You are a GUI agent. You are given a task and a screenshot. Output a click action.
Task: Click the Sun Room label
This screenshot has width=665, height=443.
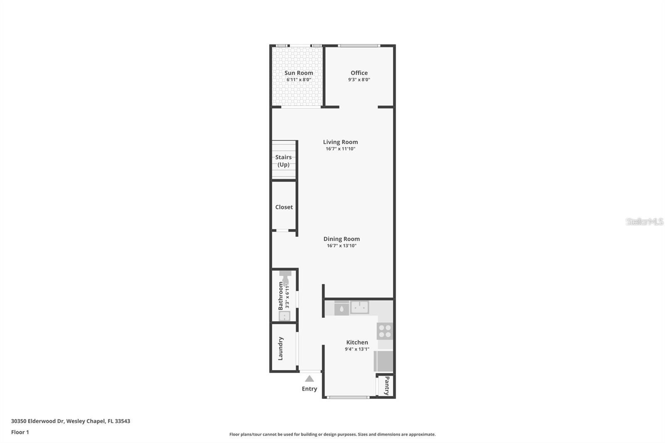click(298, 73)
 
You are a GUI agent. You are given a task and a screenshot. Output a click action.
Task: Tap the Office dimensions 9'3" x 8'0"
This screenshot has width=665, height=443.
click(359, 79)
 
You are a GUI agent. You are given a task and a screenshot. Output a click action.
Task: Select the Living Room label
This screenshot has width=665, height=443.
click(340, 142)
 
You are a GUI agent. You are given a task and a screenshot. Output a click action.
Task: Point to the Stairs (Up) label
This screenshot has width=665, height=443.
click(283, 161)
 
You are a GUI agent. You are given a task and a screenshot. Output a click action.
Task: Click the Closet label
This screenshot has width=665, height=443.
click(284, 207)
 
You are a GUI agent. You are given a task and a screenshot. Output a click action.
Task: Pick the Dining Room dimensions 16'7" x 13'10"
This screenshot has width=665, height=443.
click(342, 246)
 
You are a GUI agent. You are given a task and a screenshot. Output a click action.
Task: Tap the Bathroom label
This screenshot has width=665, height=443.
click(281, 296)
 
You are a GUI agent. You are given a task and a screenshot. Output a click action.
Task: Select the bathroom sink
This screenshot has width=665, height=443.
click(284, 316)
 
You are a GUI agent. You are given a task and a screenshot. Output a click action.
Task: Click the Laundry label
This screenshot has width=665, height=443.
click(281, 348)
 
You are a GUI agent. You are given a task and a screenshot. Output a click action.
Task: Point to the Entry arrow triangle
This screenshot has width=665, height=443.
click(309, 379)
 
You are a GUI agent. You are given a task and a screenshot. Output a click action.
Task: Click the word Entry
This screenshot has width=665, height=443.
click(309, 389)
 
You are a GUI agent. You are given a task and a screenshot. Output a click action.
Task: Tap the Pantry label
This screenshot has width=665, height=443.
click(387, 386)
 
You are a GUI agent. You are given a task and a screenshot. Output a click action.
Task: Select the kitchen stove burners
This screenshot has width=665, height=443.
click(385, 331)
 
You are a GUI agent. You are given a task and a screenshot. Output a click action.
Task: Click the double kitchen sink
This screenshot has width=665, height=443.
click(360, 308)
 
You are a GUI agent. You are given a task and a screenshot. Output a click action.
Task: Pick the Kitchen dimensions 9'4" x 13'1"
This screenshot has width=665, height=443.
click(357, 349)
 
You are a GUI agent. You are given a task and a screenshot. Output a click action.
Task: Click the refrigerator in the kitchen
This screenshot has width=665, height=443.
click(384, 361)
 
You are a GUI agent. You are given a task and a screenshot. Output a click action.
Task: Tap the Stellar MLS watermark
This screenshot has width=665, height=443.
click(644, 221)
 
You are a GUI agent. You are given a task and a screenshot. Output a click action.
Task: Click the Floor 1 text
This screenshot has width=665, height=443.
click(20, 432)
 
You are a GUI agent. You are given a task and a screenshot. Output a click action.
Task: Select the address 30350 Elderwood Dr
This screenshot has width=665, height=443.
click(37, 421)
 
